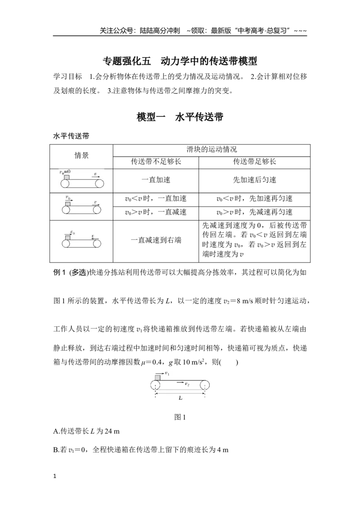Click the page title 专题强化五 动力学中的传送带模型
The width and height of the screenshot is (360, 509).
pyautogui.click(x=180, y=61)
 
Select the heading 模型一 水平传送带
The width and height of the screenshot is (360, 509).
pyautogui.click(x=180, y=117)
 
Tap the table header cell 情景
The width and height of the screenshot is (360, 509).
pyautogui.click(x=81, y=156)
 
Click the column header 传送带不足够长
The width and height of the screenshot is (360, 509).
pyautogui.click(x=156, y=162)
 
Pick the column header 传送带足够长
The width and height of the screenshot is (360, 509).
pyautogui.click(x=254, y=162)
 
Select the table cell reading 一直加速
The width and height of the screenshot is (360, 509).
pyautogui.click(x=156, y=180)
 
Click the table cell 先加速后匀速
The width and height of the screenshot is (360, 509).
pyautogui.click(x=254, y=180)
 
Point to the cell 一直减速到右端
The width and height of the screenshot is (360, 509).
pyautogui.click(x=156, y=240)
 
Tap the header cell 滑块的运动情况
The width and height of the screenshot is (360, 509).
pyautogui.click(x=211, y=150)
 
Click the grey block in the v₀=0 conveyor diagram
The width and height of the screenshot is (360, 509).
pyautogui.click(x=67, y=177)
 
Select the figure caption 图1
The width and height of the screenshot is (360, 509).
pyautogui.click(x=180, y=417)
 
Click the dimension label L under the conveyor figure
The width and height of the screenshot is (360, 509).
pyautogui.click(x=180, y=398)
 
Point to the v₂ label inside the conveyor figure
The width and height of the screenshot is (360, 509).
pyautogui.click(x=187, y=384)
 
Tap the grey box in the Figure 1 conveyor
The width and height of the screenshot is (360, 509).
pyautogui.click(x=157, y=378)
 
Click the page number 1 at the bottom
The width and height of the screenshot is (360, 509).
pyautogui.click(x=54, y=476)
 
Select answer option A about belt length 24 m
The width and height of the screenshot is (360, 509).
pyautogui.click(x=86, y=431)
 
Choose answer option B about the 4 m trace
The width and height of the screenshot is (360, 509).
pyautogui.click(x=141, y=450)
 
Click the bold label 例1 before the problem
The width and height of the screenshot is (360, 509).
pyautogui.click(x=59, y=272)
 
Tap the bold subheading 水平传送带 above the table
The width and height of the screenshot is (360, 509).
pyautogui.click(x=71, y=136)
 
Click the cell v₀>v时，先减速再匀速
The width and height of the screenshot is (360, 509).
pyautogui.click(x=254, y=212)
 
